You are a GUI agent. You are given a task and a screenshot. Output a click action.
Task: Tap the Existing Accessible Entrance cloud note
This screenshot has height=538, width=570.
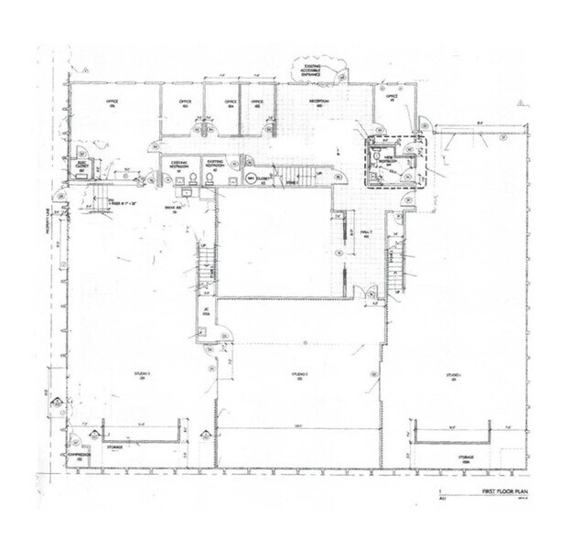tap(313, 70)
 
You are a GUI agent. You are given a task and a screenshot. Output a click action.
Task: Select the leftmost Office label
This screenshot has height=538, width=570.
tap(113, 102)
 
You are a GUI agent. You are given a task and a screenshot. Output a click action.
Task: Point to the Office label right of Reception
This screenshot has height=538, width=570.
tap(391, 97)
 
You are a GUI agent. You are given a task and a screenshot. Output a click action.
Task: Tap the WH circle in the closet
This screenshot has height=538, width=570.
tap(250, 177)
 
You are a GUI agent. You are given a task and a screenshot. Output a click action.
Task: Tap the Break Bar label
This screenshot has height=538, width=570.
tap(169, 206)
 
